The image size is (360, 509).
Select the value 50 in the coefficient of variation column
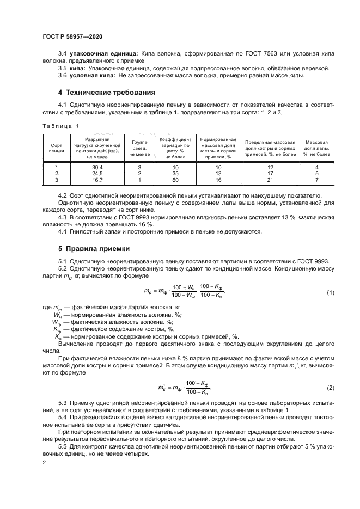(x=175, y=180)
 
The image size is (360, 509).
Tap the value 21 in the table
(x=270, y=180)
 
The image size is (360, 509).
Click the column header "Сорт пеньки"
(x=57, y=149)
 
